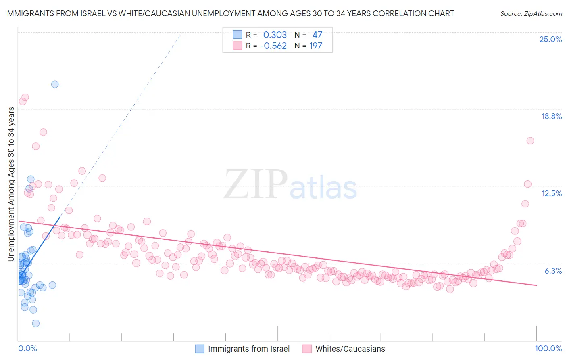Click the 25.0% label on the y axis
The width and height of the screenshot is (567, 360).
550,39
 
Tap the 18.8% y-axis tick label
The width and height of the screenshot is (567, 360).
551,116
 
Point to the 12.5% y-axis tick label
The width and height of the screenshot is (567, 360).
551,193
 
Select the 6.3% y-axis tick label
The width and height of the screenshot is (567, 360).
553,271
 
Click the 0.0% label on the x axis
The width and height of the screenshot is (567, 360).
27,348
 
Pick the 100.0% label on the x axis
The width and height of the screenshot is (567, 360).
548,348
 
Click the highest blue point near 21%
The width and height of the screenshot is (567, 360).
55,84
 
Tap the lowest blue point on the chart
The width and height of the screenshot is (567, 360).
35,323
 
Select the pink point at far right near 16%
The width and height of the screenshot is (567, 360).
530,141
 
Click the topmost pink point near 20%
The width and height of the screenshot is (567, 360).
25,97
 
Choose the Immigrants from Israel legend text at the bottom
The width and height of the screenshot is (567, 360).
248,349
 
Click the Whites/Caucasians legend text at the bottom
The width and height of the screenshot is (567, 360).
350,349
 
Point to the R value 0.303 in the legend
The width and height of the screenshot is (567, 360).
275,35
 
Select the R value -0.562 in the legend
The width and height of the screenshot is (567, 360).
273,46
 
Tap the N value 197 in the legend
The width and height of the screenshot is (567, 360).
315,46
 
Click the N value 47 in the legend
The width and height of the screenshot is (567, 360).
317,35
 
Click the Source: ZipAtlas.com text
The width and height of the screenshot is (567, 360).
531,13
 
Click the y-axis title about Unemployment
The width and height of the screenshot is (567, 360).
11,184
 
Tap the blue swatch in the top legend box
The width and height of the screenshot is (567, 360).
238,35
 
